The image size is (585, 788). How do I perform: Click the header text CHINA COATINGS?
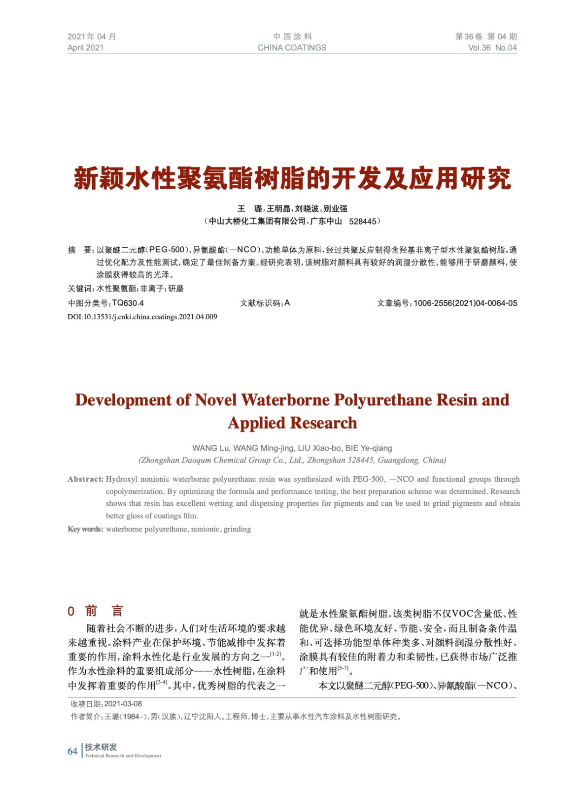pyautogui.click(x=292, y=48)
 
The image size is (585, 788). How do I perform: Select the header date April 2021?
pyautogui.click(x=86, y=48)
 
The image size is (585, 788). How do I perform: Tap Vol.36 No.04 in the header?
pyautogui.click(x=492, y=48)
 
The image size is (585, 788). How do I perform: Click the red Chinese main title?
pyautogui.click(x=292, y=178)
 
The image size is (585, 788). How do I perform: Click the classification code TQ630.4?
pyautogui.click(x=128, y=303)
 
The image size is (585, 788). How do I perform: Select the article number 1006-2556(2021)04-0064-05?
pyautogui.click(x=465, y=303)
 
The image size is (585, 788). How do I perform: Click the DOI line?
pyautogui.click(x=142, y=317)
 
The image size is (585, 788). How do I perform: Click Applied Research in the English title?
pyautogui.click(x=292, y=423)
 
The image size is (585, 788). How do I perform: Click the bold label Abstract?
pyautogui.click(x=86, y=479)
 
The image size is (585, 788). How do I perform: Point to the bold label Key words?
pyautogui.click(x=85, y=529)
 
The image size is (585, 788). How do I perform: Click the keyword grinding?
pyautogui.click(x=237, y=529)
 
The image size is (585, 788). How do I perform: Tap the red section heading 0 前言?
pyautogui.click(x=95, y=611)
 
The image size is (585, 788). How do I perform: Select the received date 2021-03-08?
pyautogui.click(x=123, y=704)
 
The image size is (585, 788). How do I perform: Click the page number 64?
pyautogui.click(x=72, y=751)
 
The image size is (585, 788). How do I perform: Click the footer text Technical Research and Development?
pyautogui.click(x=123, y=756)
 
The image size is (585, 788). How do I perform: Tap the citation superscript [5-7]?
pyautogui.click(x=343, y=669)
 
